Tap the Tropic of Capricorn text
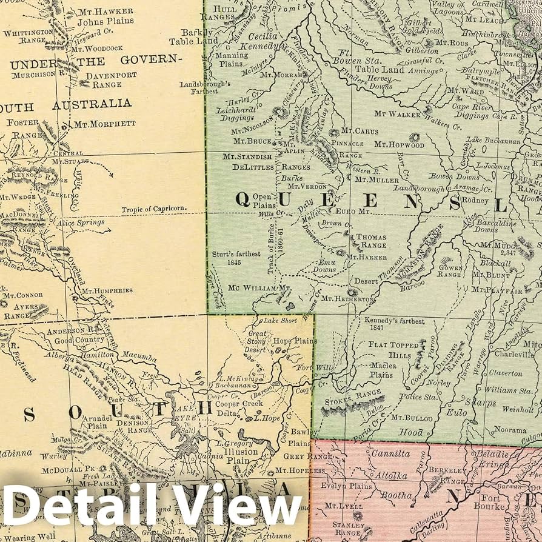(x=153, y=210)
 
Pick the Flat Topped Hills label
(x=394, y=349)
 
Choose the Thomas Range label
(x=371, y=241)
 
